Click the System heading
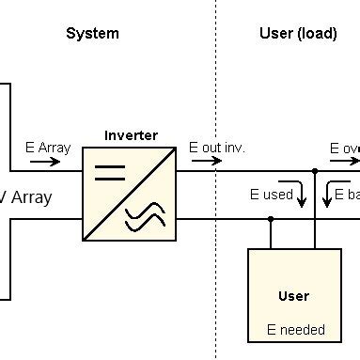[x=92, y=34]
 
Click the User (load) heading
[x=297, y=34]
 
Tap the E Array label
[x=47, y=148]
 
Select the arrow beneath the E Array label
[x=44, y=161]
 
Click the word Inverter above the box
[x=131, y=135]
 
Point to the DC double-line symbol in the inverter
[x=110, y=172]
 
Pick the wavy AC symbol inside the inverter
[x=146, y=219]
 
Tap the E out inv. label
[x=217, y=148]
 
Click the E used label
[x=271, y=195]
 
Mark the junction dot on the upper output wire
[x=315, y=172]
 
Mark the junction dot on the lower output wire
[x=270, y=219]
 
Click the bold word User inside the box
[x=293, y=296]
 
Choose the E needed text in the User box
[x=295, y=330]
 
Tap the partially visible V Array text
[x=25, y=197]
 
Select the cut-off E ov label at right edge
[x=344, y=148]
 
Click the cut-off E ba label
[x=347, y=195]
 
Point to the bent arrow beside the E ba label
[x=326, y=194]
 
